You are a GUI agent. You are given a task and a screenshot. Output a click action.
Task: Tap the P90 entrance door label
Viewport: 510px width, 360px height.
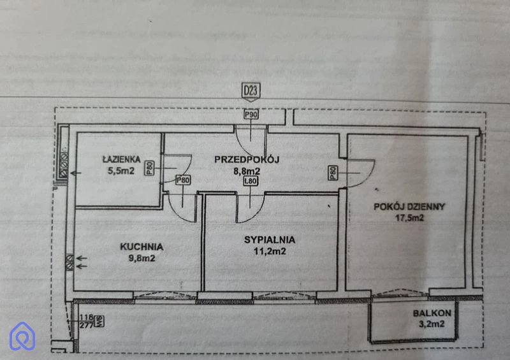point(252,115)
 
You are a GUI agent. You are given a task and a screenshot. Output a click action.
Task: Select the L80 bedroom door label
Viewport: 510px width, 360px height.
point(250,181)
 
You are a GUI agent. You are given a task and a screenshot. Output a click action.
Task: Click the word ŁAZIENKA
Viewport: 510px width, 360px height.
point(122,159)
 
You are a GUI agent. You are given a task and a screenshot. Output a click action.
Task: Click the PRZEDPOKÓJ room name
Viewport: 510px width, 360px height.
point(247,159)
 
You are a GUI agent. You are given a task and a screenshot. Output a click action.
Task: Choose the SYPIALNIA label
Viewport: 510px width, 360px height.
point(269,240)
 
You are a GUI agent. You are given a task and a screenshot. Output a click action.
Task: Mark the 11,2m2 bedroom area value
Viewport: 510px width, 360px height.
point(269,251)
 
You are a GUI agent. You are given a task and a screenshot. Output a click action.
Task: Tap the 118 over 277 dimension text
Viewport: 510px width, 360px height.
point(87,320)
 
